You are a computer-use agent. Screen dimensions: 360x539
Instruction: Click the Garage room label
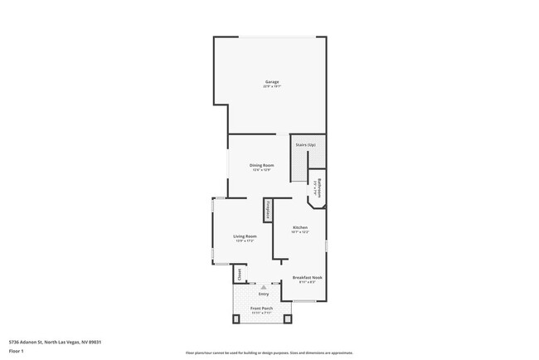coord(271,81)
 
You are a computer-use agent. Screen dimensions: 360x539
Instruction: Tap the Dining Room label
coord(262,165)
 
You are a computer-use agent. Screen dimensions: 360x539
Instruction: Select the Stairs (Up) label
coord(306,145)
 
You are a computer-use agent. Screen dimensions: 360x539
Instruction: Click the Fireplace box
coord(269,211)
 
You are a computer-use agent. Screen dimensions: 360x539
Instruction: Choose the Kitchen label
coord(300,227)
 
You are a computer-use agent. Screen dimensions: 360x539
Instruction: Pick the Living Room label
coord(245,236)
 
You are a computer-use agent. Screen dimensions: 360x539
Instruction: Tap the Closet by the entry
coord(237,273)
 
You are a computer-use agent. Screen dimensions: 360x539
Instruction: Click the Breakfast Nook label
coord(307,277)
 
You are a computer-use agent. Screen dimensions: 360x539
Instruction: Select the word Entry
coord(264,294)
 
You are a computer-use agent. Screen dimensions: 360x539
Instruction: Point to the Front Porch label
coord(262,309)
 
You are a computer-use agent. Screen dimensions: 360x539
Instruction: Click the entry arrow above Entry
coord(264,286)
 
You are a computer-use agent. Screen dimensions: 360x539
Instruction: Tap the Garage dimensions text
coord(271,86)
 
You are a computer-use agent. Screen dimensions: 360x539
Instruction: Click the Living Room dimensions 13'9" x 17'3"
coord(245,241)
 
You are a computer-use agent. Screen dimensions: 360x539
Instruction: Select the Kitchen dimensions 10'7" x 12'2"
coord(300,232)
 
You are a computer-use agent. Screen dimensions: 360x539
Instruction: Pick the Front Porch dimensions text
coord(262,314)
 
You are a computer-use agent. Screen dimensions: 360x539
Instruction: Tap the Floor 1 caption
coord(17,352)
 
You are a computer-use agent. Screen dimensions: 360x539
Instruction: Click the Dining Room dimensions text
coord(262,170)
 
